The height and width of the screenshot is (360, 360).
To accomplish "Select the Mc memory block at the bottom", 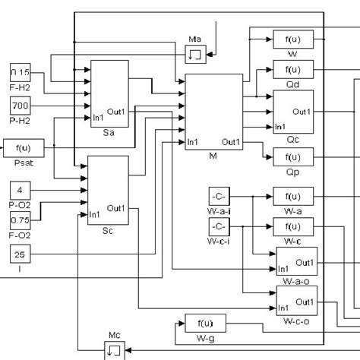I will point(114,350).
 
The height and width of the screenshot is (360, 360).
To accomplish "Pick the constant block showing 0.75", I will point(21,219).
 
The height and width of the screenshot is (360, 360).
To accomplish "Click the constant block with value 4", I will point(21,188).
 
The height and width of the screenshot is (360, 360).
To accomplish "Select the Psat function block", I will point(21,146).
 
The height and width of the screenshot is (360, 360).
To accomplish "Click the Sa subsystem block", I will point(109,92).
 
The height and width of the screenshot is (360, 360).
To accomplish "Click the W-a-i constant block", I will point(218,196).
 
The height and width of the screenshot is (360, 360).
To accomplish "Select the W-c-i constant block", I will point(218,226).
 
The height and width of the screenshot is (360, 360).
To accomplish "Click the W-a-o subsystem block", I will point(295,263).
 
